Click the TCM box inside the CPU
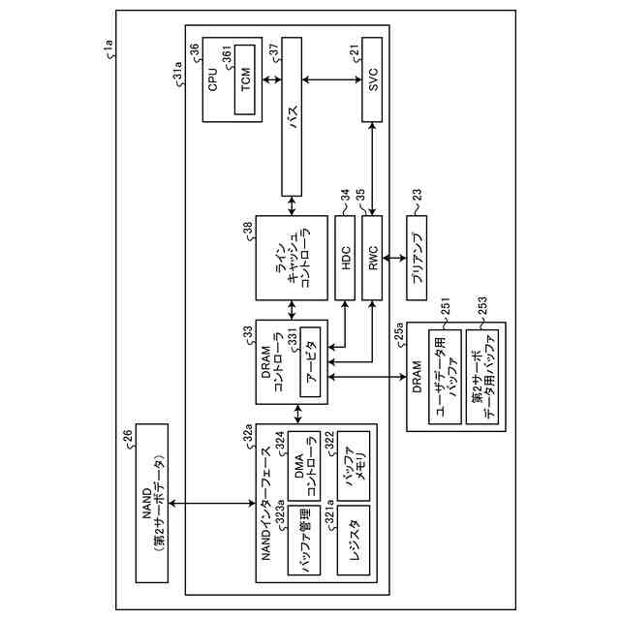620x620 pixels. [x=245, y=80]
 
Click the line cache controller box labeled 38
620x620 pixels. [x=291, y=257]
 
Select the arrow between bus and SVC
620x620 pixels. [x=333, y=77]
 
